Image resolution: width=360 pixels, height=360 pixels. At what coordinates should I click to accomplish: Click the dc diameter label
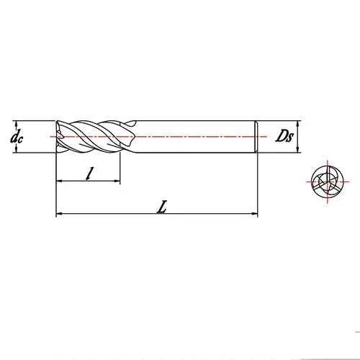coord(17,136)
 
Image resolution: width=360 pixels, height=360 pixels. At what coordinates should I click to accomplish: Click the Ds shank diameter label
coord(282,136)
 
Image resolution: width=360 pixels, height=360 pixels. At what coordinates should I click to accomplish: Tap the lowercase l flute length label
coord(89,173)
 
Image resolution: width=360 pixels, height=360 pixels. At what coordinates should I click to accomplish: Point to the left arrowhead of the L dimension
coord(59,214)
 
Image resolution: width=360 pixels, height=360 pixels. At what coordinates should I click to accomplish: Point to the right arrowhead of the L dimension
coord(255,214)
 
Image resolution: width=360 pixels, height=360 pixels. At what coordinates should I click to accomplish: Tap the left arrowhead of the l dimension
coord(59,181)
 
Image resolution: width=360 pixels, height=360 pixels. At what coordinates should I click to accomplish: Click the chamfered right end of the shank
coord(256,136)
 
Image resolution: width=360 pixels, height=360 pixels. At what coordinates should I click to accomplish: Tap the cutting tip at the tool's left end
coord(58,136)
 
